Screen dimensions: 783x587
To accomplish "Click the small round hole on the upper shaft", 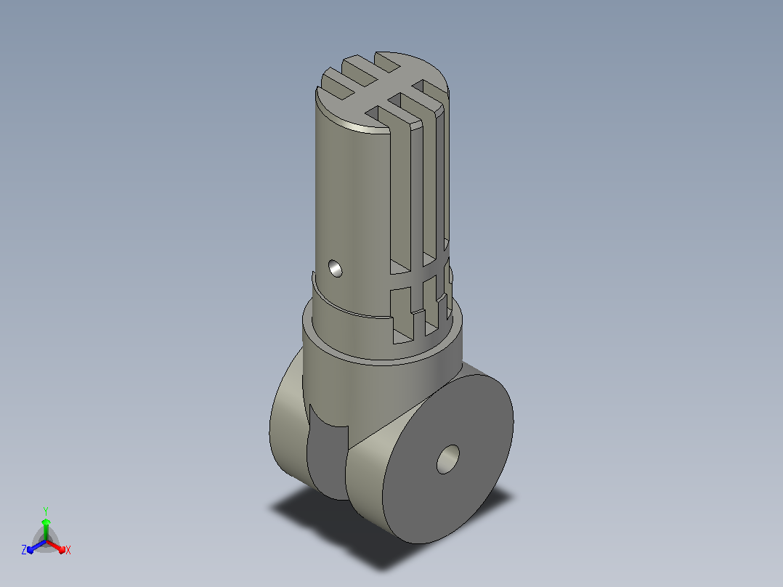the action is tap(336, 268).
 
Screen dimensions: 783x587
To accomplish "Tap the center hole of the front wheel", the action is tap(448, 459).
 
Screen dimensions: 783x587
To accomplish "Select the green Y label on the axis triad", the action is tap(46, 511).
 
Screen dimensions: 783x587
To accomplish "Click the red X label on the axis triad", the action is tap(68, 550).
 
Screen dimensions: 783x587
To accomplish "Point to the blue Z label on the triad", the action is tap(24, 549).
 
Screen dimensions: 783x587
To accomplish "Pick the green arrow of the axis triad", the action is tap(46, 529).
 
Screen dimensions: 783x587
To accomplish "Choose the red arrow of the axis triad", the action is tap(56, 546).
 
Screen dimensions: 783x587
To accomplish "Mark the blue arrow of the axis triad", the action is tap(37, 546).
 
